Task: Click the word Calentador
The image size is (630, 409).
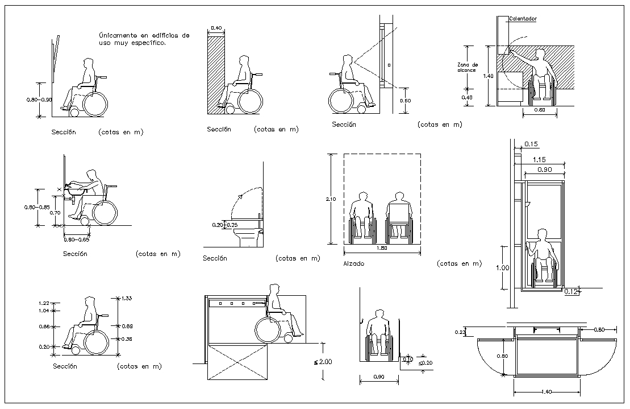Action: tap(523, 19)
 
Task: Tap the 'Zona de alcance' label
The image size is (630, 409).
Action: tap(468, 68)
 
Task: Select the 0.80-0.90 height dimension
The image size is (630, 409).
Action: tap(38, 100)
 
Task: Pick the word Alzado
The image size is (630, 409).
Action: tap(354, 264)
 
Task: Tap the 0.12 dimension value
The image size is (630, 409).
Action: tap(571, 292)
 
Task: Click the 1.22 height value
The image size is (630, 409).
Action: tap(44, 303)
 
